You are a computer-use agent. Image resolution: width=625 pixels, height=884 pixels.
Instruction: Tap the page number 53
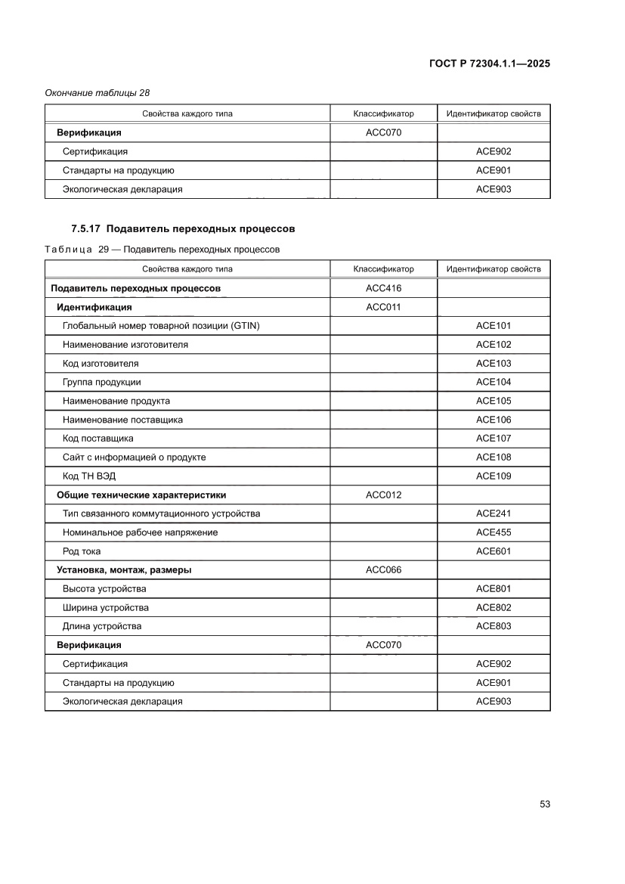point(544,804)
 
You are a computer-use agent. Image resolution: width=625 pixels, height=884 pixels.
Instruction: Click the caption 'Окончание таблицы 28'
point(97,93)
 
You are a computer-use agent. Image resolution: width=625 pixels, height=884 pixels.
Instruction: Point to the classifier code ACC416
point(383,288)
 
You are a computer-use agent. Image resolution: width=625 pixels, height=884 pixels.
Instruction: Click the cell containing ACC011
point(383,307)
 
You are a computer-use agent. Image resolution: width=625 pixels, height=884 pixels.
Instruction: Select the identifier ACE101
point(493,326)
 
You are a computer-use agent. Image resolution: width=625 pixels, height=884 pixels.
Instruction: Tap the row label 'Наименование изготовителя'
point(125,345)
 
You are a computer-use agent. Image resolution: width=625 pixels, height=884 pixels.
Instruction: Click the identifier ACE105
point(493,401)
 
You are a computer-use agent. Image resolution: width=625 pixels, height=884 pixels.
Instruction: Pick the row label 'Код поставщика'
point(98,439)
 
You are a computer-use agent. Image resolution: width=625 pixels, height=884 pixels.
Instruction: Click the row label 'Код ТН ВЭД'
point(89,476)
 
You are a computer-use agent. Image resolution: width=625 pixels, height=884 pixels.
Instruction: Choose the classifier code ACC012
point(383,495)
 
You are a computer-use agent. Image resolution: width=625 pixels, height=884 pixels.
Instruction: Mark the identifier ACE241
point(493,513)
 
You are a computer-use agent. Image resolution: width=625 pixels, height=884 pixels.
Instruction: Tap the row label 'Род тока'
point(82,551)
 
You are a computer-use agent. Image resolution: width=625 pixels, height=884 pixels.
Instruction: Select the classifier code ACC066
point(383,570)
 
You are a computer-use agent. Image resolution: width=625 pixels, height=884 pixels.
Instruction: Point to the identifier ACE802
point(493,607)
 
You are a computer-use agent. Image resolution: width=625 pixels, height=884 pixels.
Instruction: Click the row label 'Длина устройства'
point(102,626)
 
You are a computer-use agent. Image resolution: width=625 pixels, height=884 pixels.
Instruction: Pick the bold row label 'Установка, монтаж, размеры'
point(124,570)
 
